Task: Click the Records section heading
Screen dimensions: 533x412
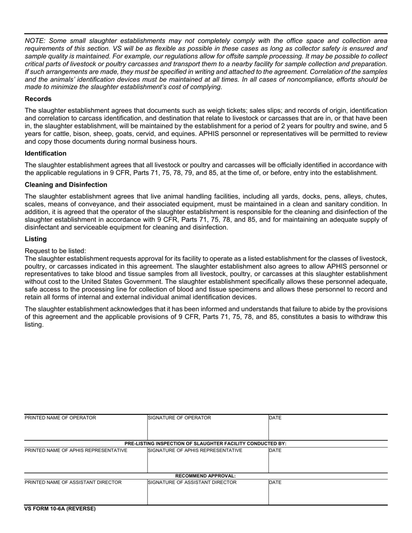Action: click(38, 99)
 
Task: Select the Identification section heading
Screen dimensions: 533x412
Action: click(46, 153)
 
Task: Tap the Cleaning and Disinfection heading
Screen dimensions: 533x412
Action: click(66, 185)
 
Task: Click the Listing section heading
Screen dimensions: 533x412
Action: click(36, 239)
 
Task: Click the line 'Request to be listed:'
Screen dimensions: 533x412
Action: click(56, 250)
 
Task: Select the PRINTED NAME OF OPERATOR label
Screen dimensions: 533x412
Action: click(60, 418)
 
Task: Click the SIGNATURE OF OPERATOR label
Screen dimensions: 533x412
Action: click(180, 418)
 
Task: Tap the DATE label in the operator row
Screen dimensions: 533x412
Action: click(275, 418)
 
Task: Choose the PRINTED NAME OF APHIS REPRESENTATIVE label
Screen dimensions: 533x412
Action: click(76, 451)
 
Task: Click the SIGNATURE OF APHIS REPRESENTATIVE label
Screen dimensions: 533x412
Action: click(195, 451)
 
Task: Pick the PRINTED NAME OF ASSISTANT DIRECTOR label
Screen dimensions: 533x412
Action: click(73, 482)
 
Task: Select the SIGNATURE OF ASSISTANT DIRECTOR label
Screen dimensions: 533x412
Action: click(193, 482)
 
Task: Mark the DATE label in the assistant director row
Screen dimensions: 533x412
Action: click(275, 482)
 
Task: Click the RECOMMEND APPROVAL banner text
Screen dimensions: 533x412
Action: click(206, 476)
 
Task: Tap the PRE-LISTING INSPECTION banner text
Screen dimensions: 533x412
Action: click(206, 444)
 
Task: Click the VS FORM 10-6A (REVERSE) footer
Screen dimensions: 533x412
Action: click(60, 509)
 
